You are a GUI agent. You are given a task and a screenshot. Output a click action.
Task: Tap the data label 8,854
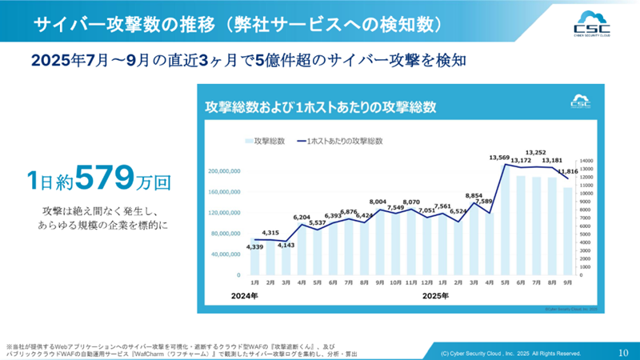[473, 195]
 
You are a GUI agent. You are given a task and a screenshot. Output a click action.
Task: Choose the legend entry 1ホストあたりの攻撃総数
[344, 141]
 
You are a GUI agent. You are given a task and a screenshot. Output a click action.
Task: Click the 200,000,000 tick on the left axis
[224, 171]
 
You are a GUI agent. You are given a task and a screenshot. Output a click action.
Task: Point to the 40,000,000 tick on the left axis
[226, 254]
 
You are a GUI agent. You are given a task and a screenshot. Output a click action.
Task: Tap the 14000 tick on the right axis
[585, 161]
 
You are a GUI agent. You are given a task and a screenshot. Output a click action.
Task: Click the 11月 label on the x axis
[410, 283]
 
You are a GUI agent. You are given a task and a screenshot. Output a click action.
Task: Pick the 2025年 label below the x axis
[435, 296]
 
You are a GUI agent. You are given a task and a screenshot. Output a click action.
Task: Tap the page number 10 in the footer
[623, 351]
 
